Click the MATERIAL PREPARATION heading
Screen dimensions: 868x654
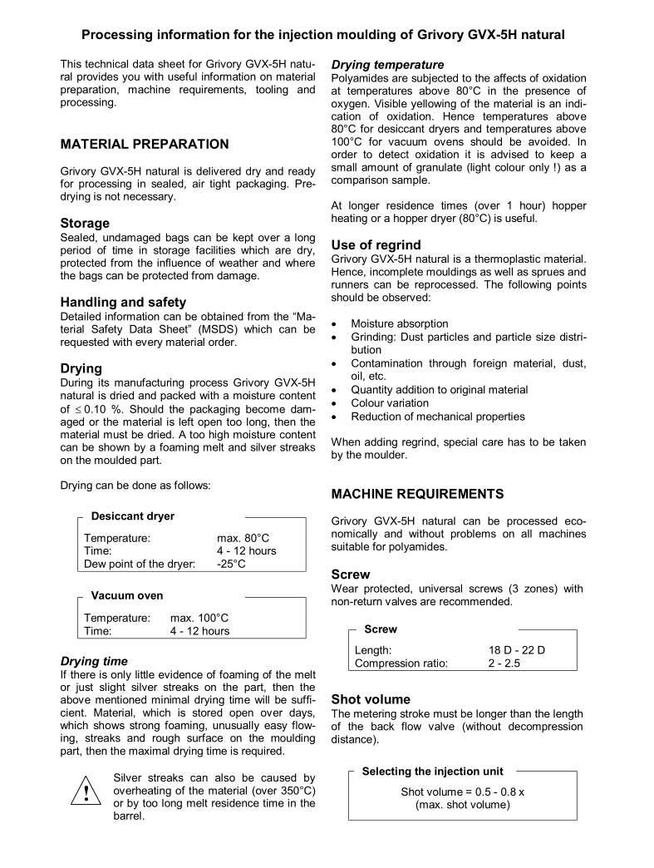click(x=144, y=144)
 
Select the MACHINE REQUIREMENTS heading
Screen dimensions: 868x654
click(x=417, y=494)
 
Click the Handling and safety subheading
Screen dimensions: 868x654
click(x=122, y=303)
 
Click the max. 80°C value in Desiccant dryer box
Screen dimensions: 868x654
click(x=243, y=538)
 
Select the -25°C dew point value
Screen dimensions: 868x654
click(x=231, y=565)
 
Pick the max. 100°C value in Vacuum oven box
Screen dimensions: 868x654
click(x=199, y=619)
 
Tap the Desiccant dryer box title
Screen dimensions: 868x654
click(x=133, y=516)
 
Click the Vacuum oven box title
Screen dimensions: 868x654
click(x=126, y=596)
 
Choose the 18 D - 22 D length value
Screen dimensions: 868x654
click(x=516, y=650)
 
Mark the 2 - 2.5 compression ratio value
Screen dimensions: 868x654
click(x=504, y=663)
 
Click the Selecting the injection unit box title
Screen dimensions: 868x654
click(x=432, y=772)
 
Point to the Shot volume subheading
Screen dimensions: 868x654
click(x=371, y=699)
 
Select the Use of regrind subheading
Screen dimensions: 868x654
click(x=376, y=244)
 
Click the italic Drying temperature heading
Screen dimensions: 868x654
click(x=387, y=64)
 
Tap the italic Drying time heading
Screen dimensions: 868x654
click(x=94, y=662)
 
